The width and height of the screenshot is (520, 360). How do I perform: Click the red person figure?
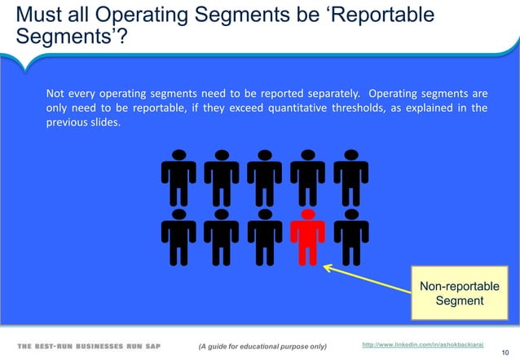307,237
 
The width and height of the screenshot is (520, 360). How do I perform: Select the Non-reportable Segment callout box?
460,294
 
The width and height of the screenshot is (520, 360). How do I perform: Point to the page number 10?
505,355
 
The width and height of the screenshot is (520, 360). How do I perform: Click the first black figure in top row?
178,175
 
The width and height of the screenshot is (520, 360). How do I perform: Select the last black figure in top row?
350,175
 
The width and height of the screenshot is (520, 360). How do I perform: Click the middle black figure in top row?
264,175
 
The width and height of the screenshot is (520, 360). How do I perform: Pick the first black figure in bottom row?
178,237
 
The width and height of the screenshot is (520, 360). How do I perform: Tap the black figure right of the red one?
350,237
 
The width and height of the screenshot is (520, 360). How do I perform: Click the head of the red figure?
307,214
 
